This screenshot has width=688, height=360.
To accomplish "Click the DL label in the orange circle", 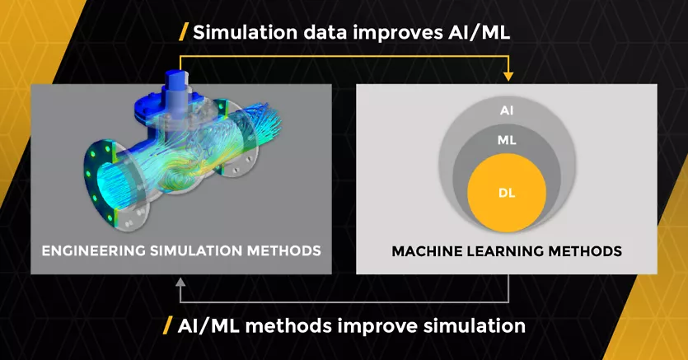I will (x=507, y=193).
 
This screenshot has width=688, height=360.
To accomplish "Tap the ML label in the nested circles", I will (x=507, y=140).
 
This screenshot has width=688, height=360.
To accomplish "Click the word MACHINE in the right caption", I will (x=424, y=250).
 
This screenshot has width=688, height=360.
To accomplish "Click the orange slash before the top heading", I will (x=184, y=33).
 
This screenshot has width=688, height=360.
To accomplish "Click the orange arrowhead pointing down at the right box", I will (x=508, y=76).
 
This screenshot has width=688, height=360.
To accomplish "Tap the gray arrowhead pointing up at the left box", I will (x=179, y=283).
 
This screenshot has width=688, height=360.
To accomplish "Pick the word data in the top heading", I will (x=304, y=33).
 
